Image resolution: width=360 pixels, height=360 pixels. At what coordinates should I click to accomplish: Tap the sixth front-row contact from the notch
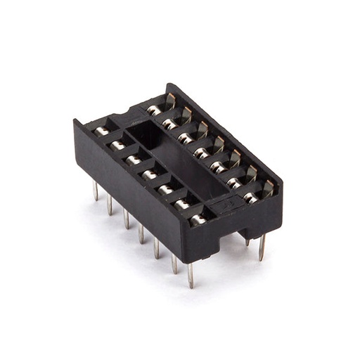(x=182, y=204)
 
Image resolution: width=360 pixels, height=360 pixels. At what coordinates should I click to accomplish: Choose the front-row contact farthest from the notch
(x=198, y=219)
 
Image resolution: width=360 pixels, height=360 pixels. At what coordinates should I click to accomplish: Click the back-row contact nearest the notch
(x=154, y=110)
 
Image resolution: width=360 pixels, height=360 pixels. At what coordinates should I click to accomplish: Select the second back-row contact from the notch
(x=170, y=124)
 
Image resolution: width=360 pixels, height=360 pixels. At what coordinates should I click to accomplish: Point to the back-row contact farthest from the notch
(x=251, y=197)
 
